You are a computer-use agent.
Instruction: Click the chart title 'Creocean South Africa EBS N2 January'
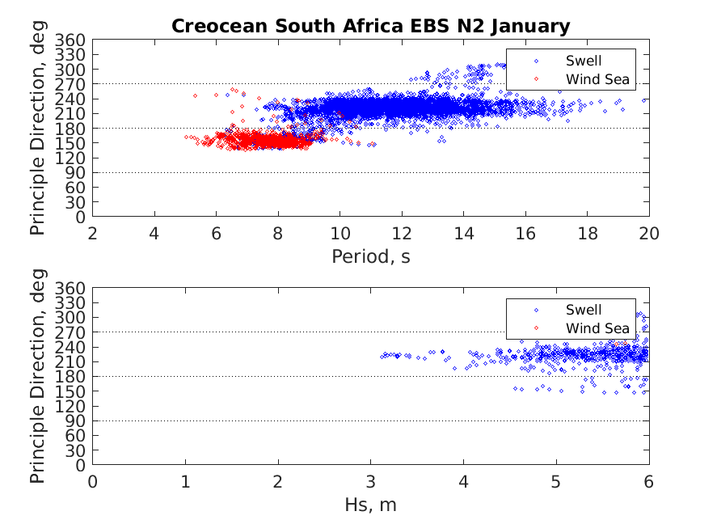[370, 26]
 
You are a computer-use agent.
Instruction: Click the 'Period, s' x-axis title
[370, 256]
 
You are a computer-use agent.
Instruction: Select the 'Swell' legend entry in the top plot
[583, 61]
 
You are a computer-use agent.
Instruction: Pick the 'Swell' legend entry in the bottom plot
[583, 310]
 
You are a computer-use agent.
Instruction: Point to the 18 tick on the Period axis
[587, 234]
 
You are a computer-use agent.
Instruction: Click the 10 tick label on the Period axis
[340, 234]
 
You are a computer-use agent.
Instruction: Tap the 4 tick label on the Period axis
[154, 234]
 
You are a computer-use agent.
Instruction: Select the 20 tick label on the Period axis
[648, 234]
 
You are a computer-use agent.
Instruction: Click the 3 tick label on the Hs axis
[371, 482]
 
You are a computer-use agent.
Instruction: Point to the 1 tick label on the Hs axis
[186, 482]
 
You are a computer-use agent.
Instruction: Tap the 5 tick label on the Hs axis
[556, 482]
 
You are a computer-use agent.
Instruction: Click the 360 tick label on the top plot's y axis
[73, 40]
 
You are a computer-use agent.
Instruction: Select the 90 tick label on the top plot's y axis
[77, 172]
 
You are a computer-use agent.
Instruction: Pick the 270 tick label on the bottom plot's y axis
[73, 332]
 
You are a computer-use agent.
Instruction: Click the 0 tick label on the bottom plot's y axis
[81, 466]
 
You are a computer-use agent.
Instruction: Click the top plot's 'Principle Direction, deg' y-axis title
[38, 128]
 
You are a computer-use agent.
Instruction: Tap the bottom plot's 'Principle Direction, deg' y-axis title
[38, 377]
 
